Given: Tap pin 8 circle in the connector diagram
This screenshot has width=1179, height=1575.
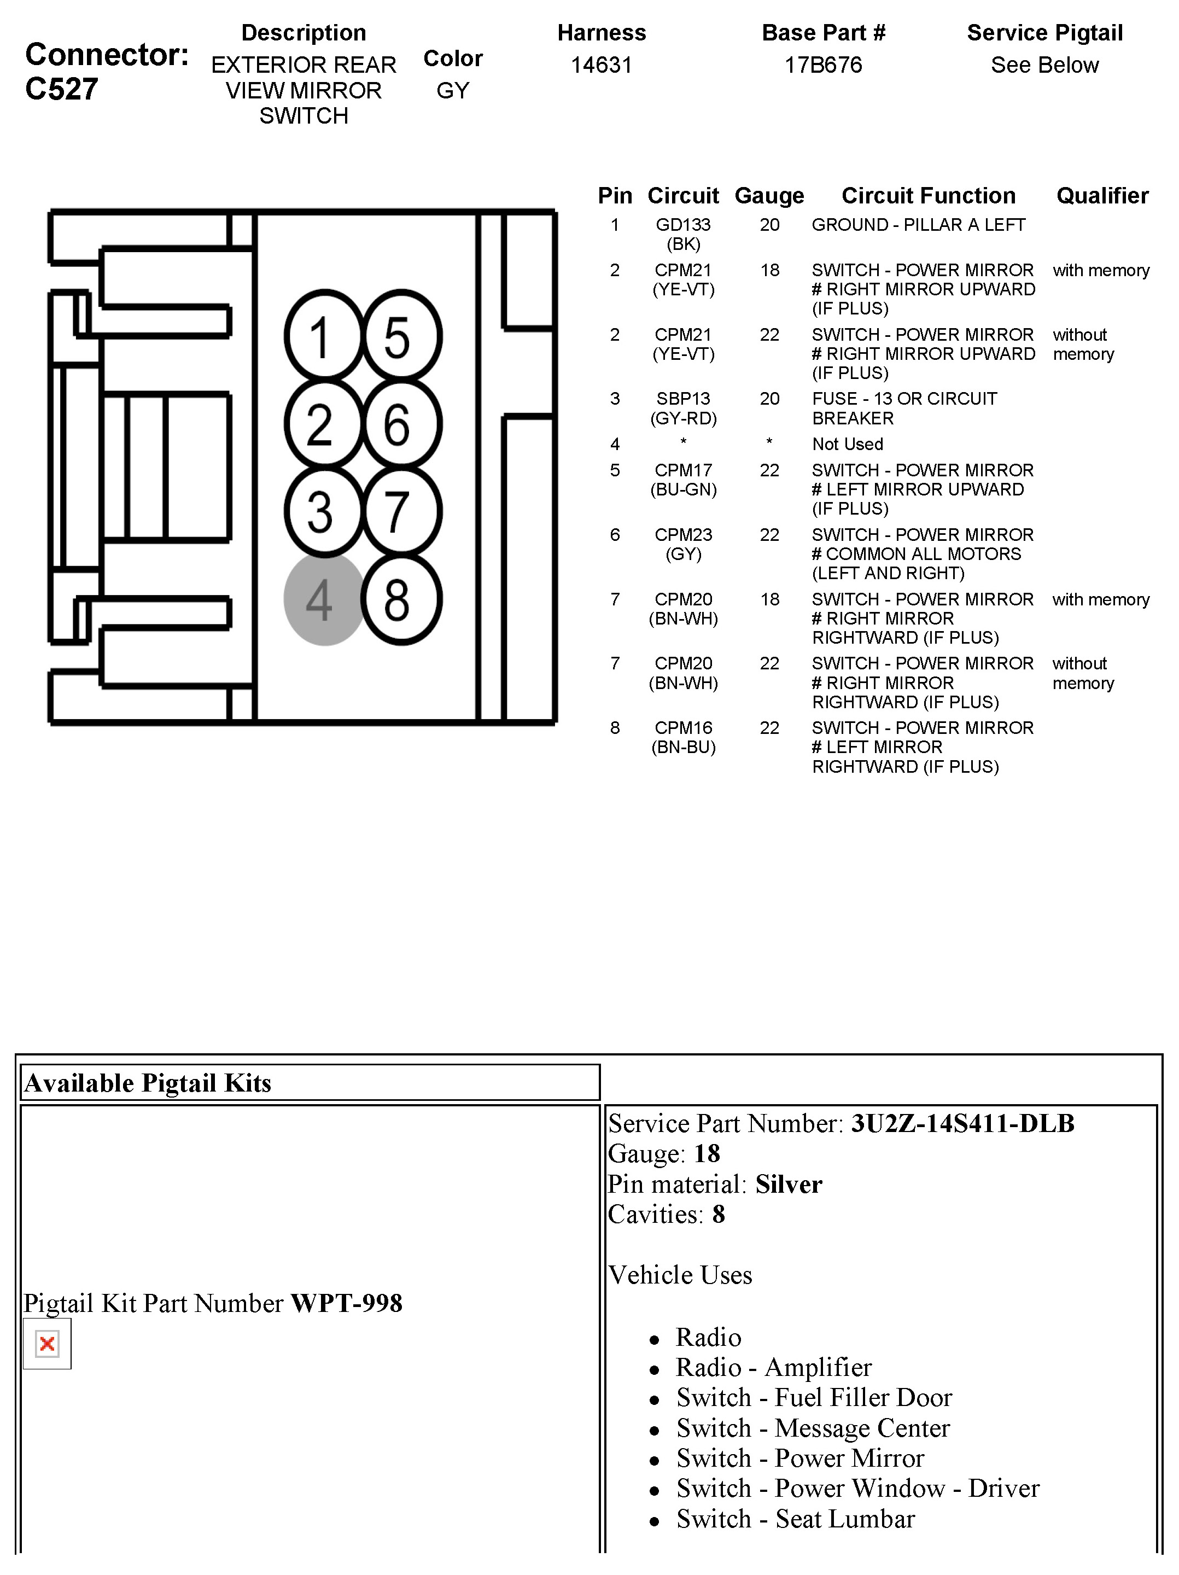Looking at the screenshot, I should [401, 599].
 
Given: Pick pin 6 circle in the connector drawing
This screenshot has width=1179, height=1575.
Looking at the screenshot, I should [401, 424].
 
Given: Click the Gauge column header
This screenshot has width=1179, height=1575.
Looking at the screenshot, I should [769, 196].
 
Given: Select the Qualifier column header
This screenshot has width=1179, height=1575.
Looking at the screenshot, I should [1101, 196].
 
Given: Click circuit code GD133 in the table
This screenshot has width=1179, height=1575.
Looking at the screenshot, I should [683, 225].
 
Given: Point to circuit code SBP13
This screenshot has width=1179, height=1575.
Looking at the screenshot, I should [683, 399].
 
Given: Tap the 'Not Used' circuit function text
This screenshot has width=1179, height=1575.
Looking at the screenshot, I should [847, 444].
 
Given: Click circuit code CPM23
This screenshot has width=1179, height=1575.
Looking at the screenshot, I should [683, 535].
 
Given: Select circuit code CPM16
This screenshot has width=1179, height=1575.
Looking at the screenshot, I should [683, 728].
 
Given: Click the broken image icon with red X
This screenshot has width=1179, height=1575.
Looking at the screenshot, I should [47, 1344].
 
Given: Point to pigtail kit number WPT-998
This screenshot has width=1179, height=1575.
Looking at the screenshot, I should [347, 1303].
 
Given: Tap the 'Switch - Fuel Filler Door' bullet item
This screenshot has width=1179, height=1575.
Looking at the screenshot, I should [813, 1398].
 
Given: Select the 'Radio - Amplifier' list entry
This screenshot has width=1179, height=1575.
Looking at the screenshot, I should [773, 1367].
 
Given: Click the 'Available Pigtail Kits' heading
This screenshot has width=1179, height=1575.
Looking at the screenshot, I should [148, 1083].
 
